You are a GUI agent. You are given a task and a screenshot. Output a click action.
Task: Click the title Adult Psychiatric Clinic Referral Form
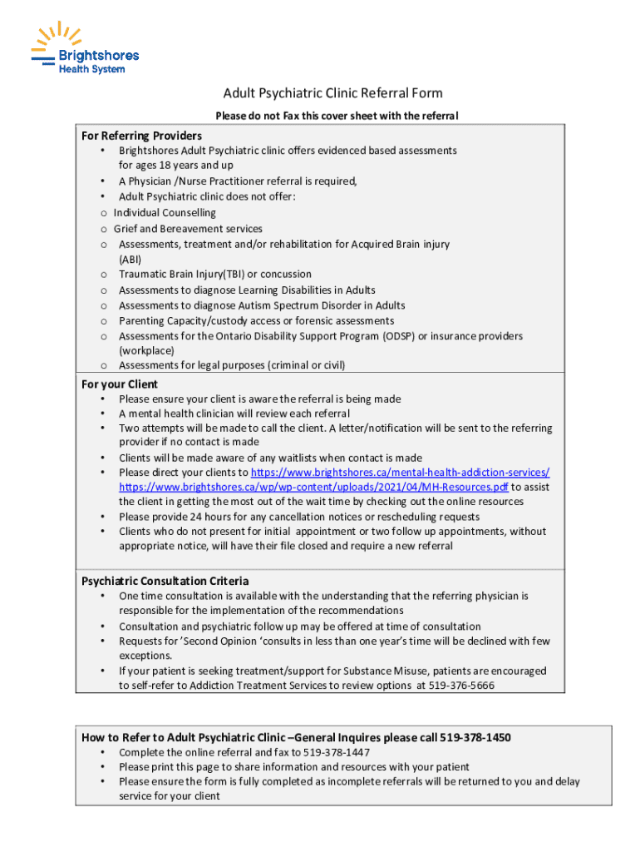point(332,93)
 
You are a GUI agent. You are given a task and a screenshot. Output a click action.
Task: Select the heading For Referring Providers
point(141,136)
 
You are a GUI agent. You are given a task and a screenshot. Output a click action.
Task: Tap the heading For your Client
point(120,384)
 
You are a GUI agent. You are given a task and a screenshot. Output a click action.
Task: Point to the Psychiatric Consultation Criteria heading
point(165,581)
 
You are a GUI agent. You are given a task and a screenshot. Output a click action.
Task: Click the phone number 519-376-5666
point(461,686)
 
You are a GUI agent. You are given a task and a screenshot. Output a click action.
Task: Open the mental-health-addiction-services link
point(406,472)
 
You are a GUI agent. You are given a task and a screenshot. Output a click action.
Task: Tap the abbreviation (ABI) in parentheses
point(130,259)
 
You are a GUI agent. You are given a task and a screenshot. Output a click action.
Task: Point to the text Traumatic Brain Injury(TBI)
point(181,274)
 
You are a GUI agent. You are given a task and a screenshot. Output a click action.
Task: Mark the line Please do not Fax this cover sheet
point(337,116)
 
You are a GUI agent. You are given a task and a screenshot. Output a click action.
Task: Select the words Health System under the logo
point(91,69)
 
